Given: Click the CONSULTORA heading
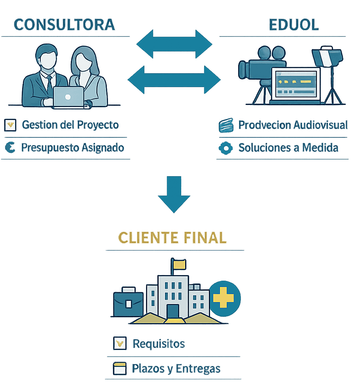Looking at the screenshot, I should [x=64, y=25].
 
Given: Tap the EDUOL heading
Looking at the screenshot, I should [x=294, y=25].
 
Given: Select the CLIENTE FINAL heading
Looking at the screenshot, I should [x=172, y=237].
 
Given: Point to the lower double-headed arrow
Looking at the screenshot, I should [x=174, y=79].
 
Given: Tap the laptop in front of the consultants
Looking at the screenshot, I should [x=68, y=97].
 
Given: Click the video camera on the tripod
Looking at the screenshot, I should [x=261, y=65].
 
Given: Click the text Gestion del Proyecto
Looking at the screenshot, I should [x=70, y=125].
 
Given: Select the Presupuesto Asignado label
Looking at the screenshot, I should [x=72, y=148].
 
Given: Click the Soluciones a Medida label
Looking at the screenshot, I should [x=288, y=148].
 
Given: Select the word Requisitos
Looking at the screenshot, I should [x=159, y=344].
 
